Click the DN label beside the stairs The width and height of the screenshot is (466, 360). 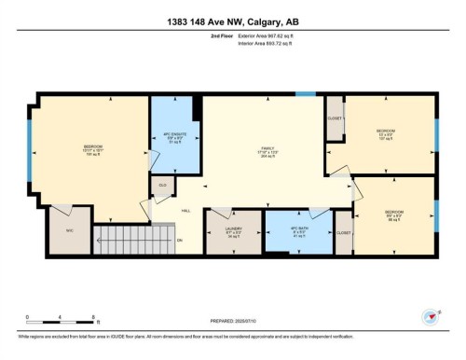(180, 241)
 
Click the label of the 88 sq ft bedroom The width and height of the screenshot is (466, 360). (393, 216)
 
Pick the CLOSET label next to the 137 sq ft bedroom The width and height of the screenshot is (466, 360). (335, 118)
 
